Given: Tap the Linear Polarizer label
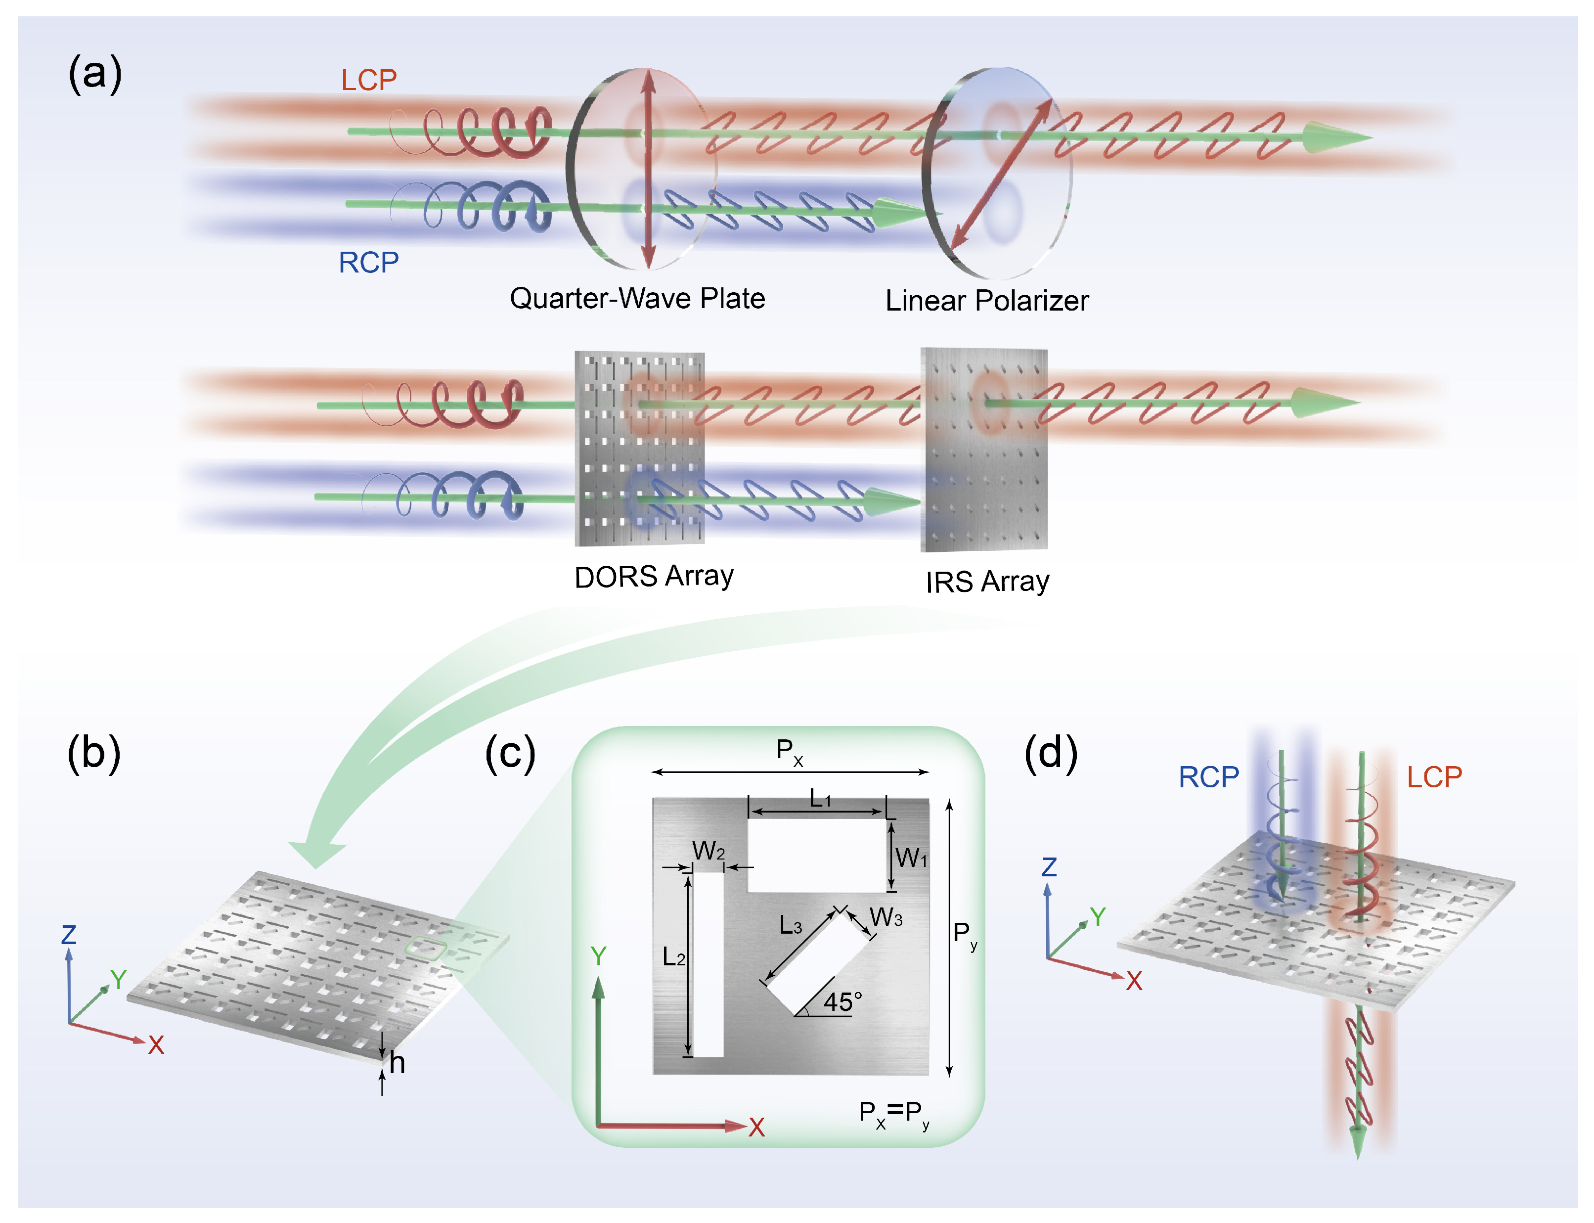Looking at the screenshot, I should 986,301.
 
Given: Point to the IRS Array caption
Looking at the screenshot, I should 987,582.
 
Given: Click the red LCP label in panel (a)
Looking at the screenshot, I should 369,80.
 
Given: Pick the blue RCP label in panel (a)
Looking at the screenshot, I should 368,263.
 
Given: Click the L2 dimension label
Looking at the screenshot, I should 673,956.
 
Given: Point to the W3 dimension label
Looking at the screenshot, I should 886,917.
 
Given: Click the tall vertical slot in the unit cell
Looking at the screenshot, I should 708,964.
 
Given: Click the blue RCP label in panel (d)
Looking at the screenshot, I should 1208,777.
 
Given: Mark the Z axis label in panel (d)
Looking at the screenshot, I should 1049,867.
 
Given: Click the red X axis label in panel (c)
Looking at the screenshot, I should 756,1128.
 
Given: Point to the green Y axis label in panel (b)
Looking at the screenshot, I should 118,979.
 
